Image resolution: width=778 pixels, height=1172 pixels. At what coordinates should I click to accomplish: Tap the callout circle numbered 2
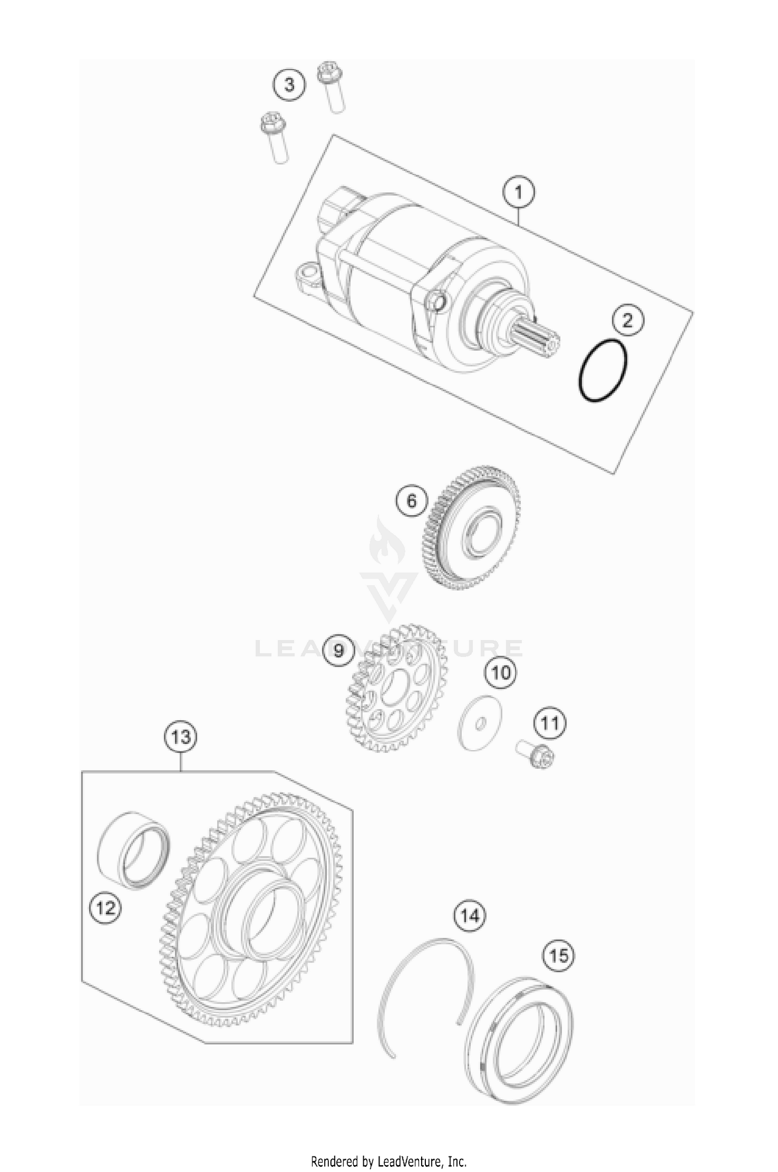point(627,321)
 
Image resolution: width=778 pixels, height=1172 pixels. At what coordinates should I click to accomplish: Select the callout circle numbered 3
point(289,84)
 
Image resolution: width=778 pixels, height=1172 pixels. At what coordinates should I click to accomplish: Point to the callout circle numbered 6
point(411,501)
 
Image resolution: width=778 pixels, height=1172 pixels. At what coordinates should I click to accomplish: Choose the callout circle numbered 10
point(501,673)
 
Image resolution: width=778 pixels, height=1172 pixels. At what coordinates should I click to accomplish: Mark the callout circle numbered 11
point(550,723)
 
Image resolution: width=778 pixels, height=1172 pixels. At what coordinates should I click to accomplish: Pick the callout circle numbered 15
point(559,955)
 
